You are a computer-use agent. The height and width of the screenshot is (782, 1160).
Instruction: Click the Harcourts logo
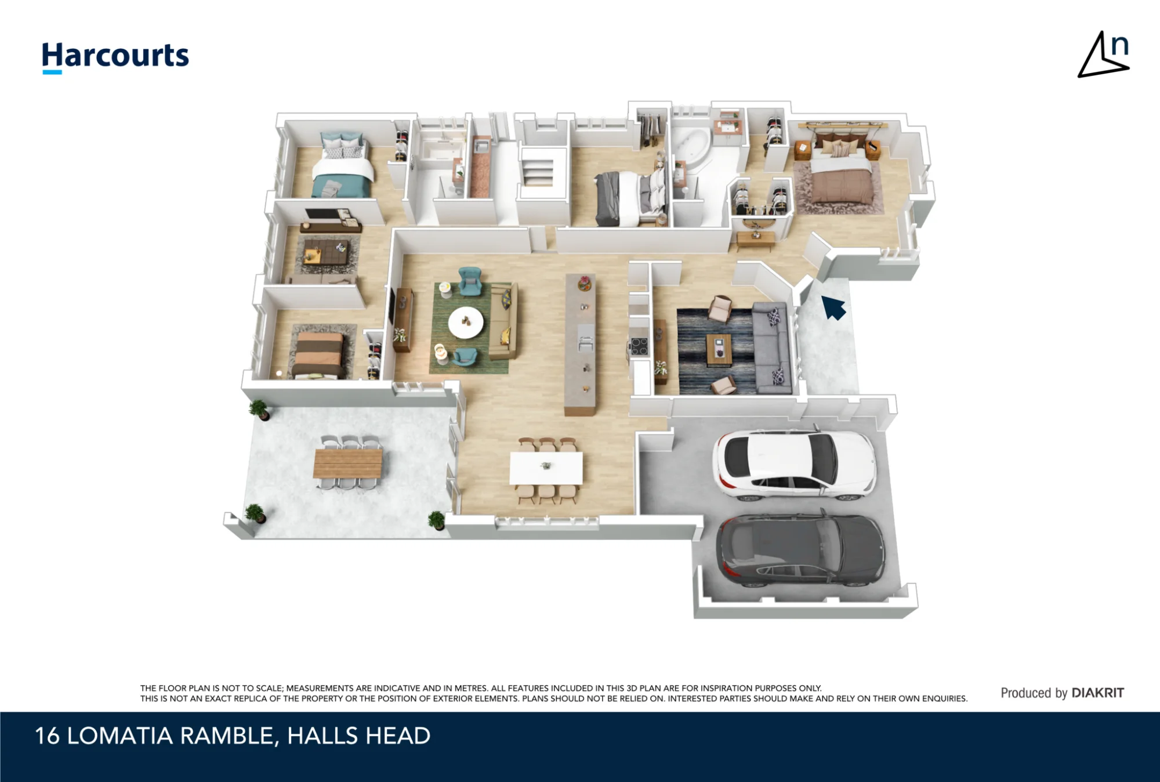click(115, 57)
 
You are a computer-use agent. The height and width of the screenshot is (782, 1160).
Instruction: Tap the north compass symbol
click(1104, 55)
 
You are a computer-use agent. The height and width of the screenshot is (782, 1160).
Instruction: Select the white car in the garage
click(794, 465)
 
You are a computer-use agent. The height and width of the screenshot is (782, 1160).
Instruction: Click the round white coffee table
click(466, 323)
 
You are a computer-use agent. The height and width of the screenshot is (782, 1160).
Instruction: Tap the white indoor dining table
click(546, 468)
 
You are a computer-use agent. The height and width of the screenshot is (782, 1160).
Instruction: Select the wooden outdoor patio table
click(348, 464)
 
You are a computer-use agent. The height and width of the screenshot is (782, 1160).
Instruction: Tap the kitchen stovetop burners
click(639, 346)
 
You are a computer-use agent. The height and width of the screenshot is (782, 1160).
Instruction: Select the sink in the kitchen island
click(585, 338)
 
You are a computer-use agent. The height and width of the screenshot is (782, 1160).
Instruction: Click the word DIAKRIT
click(1097, 693)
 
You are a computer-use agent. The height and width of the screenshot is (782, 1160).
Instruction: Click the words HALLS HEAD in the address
click(359, 736)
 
